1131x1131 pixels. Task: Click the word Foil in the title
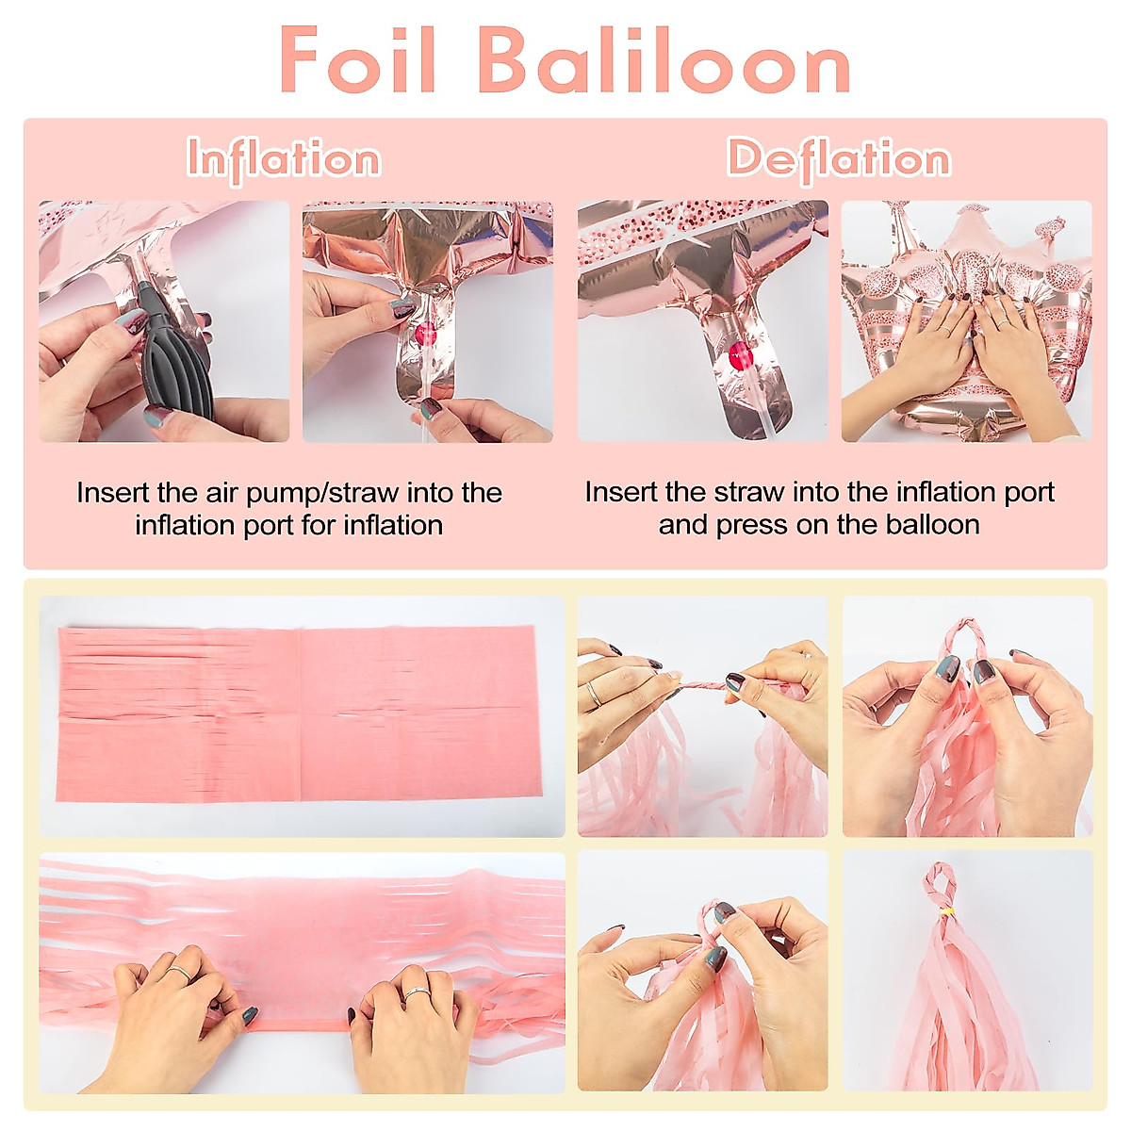[x=358, y=60]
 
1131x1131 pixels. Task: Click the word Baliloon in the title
[x=664, y=60]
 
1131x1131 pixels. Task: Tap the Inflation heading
[x=284, y=158]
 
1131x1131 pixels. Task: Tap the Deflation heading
[x=838, y=158]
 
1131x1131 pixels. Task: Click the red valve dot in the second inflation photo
[x=426, y=332]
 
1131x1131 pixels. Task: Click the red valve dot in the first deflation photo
[x=742, y=355]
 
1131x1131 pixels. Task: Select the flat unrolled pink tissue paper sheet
[x=297, y=713]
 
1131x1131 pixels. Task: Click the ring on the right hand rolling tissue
[x=417, y=992]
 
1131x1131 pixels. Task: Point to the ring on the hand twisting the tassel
[x=595, y=695]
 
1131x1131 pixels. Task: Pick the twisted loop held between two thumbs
[x=966, y=642]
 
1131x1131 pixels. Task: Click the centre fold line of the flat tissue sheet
[x=300, y=713]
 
